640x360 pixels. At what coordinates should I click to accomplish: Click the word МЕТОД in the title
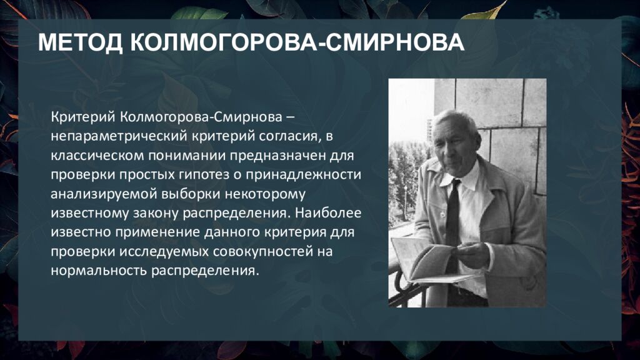pyautogui.click(x=81, y=42)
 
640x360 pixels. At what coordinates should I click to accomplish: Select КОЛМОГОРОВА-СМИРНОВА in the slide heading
pyautogui.click(x=297, y=42)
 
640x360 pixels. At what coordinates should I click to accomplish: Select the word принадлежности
pyautogui.click(x=303, y=175)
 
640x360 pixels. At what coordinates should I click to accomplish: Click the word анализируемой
pyautogui.click(x=104, y=194)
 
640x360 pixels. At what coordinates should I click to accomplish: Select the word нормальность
pyautogui.click(x=99, y=271)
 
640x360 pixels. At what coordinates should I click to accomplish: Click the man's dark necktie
pyautogui.click(x=452, y=221)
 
